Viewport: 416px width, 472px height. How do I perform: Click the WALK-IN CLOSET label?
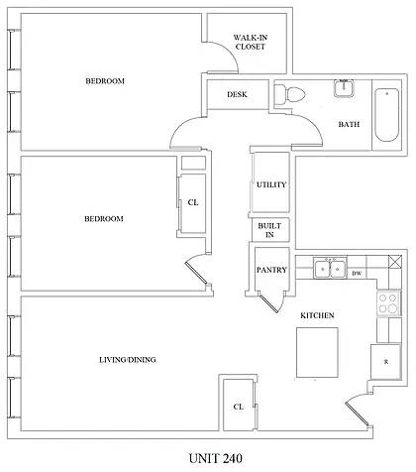[x=249, y=42]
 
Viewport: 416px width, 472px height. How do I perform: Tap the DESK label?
[x=237, y=95]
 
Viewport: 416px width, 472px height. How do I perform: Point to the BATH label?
[x=349, y=125]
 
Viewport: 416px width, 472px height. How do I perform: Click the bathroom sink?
[x=344, y=89]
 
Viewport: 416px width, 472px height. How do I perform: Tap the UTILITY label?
[x=269, y=185]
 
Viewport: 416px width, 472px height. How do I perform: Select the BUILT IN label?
[x=268, y=230]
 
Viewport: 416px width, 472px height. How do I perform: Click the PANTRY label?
[x=270, y=270]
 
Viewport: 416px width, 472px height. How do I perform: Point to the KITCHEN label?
[x=317, y=315]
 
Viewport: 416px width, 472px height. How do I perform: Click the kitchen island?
[x=316, y=350]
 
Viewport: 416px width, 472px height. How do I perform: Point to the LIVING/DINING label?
[x=128, y=359]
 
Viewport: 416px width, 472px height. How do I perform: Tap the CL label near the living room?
[x=238, y=407]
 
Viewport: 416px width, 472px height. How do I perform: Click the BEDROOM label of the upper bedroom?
[x=104, y=81]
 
